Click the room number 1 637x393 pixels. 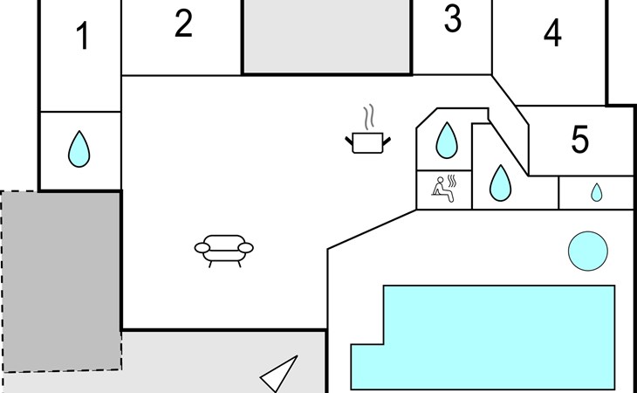coord(83,38)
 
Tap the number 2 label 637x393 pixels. coord(182,24)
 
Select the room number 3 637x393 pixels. coord(452,19)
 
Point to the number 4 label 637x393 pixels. coord(551,34)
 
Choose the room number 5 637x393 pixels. coord(580,140)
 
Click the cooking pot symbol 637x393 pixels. coord(368,142)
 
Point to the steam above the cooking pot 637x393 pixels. coord(371,117)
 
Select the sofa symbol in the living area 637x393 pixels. coord(223,247)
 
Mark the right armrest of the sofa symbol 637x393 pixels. coord(247,248)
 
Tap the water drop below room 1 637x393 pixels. coord(79,149)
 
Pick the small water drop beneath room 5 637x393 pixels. coord(596,192)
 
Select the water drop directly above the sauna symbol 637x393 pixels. coord(447,139)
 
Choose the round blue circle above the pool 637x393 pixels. coord(587,252)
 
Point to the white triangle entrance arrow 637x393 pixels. coord(282,375)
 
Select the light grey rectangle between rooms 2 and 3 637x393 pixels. coord(326,36)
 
